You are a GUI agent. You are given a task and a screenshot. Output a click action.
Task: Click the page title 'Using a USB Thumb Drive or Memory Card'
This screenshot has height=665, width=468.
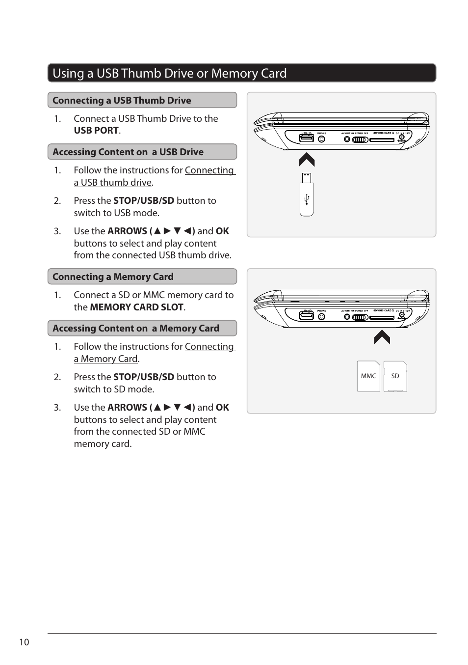(169, 73)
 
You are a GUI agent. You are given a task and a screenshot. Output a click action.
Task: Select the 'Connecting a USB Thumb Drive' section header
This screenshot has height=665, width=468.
(122, 100)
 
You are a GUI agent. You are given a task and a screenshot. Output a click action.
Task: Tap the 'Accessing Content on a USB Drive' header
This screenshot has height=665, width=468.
(128, 152)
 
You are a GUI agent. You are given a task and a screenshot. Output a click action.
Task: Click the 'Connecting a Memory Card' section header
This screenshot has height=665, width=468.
(113, 277)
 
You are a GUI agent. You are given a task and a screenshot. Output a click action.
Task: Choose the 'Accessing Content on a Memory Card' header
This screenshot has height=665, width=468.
(136, 328)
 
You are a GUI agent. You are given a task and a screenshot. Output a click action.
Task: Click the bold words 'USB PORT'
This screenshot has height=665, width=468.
(96, 131)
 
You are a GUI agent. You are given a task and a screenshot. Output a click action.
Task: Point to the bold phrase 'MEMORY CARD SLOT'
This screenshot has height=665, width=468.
(136, 307)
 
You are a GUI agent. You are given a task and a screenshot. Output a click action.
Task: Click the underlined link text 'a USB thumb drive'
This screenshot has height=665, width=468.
(113, 183)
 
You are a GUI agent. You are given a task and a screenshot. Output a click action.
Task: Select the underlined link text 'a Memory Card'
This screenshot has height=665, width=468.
(106, 359)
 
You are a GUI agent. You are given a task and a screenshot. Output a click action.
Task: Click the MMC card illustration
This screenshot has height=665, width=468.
(368, 376)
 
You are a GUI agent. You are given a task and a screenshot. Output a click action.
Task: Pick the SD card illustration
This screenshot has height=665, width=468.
(395, 376)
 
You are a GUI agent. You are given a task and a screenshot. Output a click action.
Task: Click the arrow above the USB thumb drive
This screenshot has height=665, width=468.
(307, 160)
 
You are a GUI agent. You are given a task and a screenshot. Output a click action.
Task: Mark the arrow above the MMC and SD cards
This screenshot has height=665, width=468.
(382, 337)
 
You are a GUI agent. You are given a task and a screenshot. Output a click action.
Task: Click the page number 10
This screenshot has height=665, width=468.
(24, 642)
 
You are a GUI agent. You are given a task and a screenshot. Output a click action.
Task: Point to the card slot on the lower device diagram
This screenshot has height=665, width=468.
(382, 317)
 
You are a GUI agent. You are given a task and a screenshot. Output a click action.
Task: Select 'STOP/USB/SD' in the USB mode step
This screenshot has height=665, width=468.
(144, 201)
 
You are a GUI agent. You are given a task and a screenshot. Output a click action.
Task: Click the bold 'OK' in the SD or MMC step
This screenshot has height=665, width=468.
(222, 408)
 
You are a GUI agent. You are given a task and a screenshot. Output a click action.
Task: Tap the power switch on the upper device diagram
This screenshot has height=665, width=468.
(360, 139)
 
